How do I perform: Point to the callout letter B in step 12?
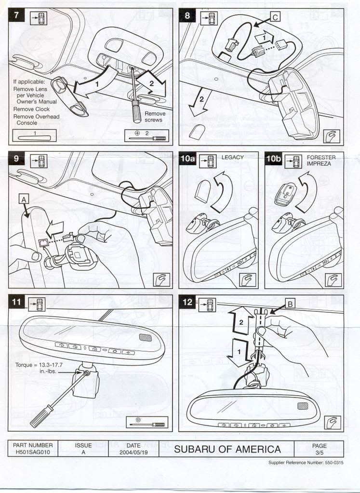pyautogui.click(x=291, y=304)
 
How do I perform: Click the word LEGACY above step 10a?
pyautogui.click(x=232, y=158)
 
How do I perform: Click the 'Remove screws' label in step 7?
pyautogui.click(x=155, y=117)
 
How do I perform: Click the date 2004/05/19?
pyautogui.click(x=133, y=452)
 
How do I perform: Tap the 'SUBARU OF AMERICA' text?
pyautogui.click(x=227, y=449)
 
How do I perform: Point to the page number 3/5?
pyautogui.click(x=319, y=452)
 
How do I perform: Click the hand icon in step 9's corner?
pyautogui.click(x=160, y=280)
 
